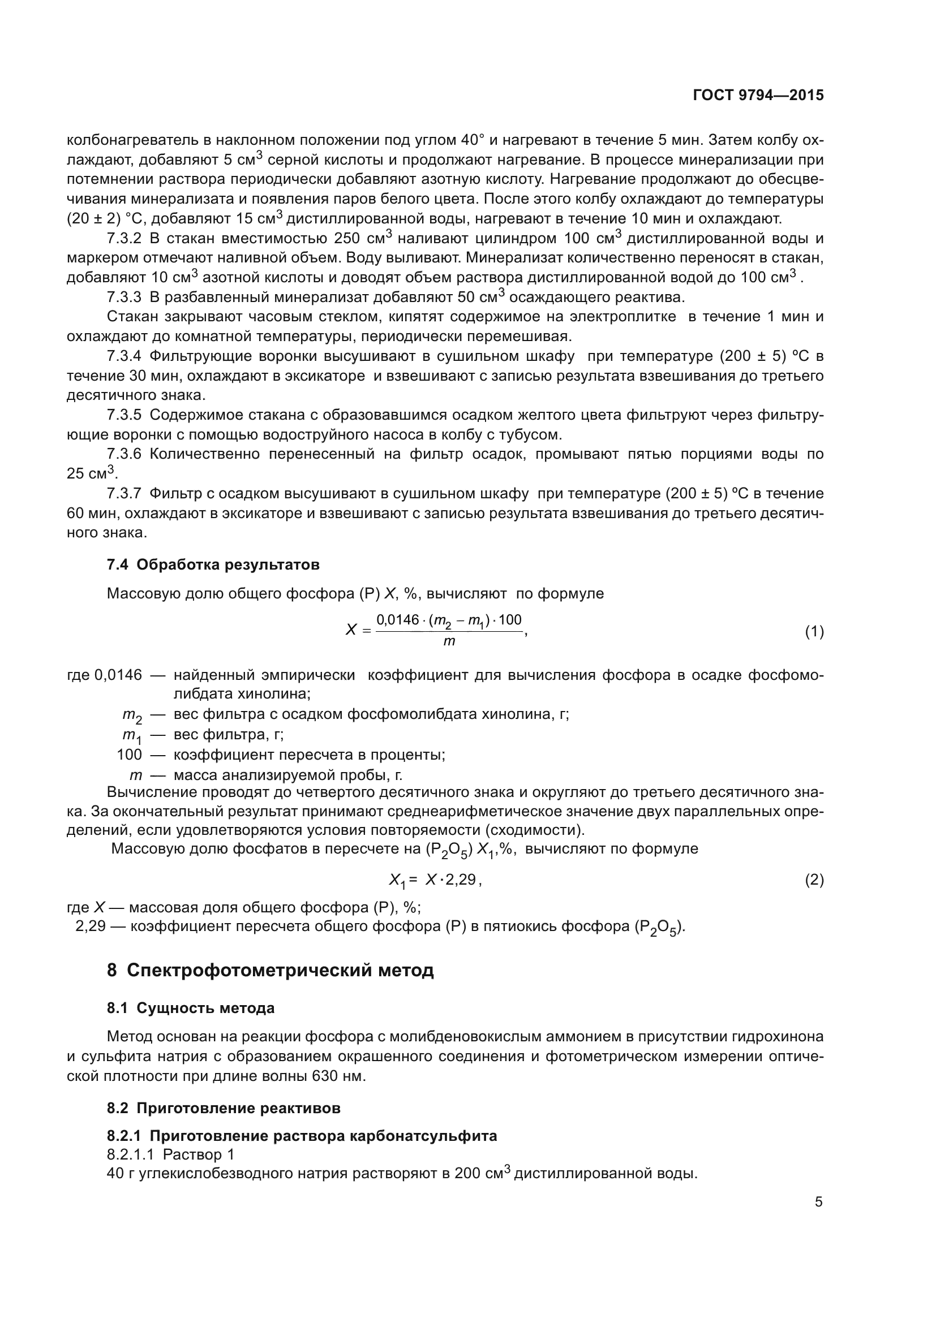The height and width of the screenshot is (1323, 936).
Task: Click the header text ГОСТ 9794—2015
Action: point(758,95)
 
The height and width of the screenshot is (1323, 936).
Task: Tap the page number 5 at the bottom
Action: point(818,1201)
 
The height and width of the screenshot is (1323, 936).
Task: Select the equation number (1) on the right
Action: point(814,632)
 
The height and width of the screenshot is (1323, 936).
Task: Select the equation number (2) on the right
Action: point(814,880)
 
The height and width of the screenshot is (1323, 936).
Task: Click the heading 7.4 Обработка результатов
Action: point(213,564)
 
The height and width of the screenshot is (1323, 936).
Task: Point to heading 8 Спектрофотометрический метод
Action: point(270,971)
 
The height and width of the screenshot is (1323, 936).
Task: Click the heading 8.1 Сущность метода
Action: point(190,1009)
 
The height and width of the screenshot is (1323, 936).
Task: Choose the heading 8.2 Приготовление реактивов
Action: point(223,1108)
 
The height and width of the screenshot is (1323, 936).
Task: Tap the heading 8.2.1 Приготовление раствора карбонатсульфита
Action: point(302,1136)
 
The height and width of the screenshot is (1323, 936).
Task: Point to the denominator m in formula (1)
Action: point(449,641)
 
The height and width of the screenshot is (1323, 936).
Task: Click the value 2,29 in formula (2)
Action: point(461,880)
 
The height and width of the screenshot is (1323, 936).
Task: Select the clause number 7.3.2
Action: point(124,239)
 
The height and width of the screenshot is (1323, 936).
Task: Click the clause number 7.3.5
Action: point(124,415)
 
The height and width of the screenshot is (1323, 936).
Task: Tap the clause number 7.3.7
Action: point(124,493)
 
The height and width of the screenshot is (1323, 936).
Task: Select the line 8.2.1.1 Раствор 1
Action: point(170,1154)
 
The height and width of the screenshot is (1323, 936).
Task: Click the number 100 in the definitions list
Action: point(129,755)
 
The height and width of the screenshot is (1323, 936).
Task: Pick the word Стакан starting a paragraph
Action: point(131,316)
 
